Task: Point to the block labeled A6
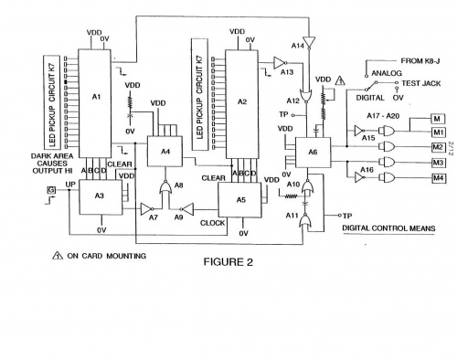[x=313, y=153]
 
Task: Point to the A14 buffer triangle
[x=308, y=42]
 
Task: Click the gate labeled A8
[x=165, y=189]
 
